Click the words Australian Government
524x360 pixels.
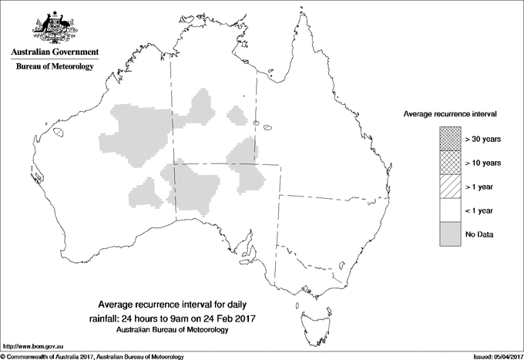[x=55, y=52]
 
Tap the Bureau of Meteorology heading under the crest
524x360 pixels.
[x=55, y=67]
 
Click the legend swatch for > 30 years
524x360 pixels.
[x=448, y=139]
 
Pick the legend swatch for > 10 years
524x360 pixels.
[x=448, y=163]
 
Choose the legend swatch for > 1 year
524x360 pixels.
[x=448, y=187]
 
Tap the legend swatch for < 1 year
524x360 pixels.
[x=448, y=210]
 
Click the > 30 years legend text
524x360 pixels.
[x=483, y=139]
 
